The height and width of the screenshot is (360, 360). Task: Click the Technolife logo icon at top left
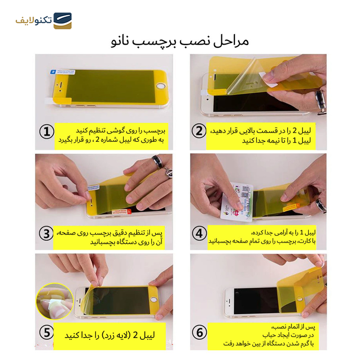[63, 21]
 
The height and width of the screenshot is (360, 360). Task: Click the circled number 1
[47, 131]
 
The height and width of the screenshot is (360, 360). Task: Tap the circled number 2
[199, 131]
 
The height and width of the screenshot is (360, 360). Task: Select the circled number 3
[46, 234]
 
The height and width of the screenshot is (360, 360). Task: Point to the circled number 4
[199, 234]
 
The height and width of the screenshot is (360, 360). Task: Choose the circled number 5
[47, 333]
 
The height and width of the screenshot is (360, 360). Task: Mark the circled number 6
[199, 333]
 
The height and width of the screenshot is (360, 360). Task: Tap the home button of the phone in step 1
[161, 86]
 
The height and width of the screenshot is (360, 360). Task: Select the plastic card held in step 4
[237, 202]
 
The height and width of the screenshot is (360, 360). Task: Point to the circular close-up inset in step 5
[54, 301]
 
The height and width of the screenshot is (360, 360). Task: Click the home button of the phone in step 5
[153, 299]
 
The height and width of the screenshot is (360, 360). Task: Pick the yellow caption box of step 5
[109, 336]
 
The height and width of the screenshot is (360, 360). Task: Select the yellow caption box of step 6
[263, 336]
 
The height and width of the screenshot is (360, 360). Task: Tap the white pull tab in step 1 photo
[49, 100]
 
